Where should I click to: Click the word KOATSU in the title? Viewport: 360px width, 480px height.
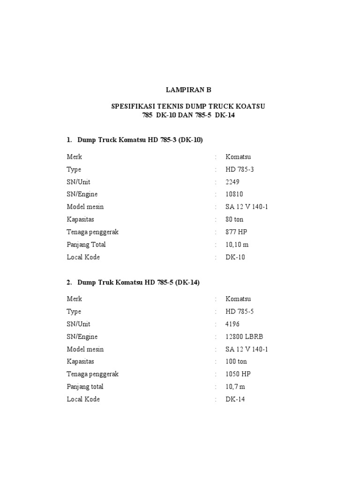coord(249,106)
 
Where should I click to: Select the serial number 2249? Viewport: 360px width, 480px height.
coord(232,182)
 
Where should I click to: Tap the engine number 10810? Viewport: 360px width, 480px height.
coord(234,194)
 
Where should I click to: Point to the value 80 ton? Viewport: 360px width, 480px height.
coord(234,219)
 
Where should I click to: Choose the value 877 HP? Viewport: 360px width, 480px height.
coord(236,232)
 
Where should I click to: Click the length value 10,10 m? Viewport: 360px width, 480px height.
coord(238,244)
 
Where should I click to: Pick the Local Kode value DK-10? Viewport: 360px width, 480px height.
coord(235,257)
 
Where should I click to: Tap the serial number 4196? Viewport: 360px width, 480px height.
coord(232,324)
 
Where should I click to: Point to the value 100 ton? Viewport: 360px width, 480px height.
coord(236,361)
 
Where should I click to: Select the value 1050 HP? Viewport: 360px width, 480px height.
coord(238,374)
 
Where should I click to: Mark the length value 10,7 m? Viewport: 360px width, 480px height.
coord(235,387)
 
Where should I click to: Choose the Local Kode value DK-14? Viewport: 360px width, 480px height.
coord(235,399)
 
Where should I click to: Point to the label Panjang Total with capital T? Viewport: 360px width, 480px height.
coord(86,244)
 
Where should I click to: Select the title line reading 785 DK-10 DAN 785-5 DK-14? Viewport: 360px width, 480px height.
coord(188,115)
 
